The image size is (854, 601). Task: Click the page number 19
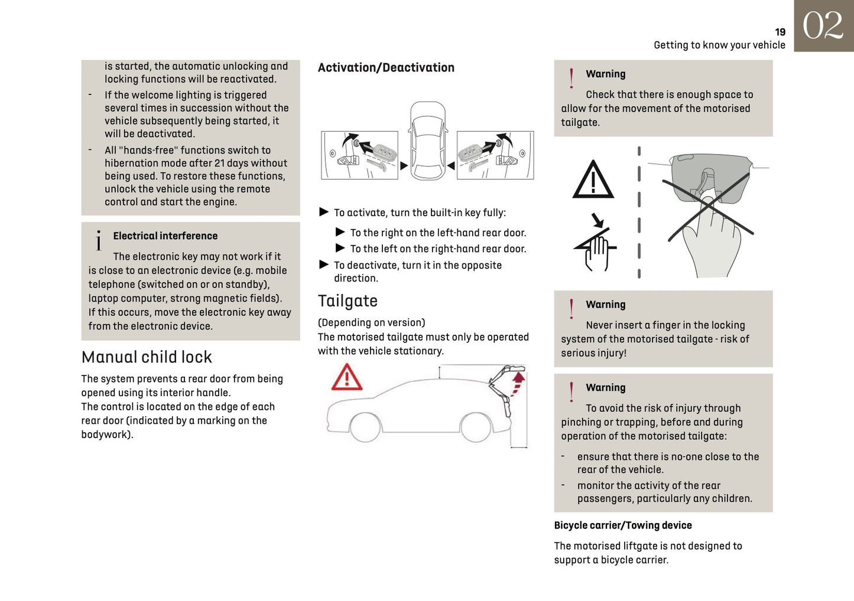(780, 32)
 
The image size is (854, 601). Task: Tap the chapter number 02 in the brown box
(823, 26)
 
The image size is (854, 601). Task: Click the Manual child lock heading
(147, 357)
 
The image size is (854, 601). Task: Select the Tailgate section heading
(348, 301)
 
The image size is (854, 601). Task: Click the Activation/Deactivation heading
(386, 68)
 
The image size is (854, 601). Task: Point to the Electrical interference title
(165, 236)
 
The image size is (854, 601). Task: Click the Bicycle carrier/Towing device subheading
(622, 525)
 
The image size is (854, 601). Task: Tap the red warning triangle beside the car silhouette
(347, 378)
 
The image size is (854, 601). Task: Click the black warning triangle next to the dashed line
(593, 180)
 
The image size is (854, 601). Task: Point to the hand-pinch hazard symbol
(596, 247)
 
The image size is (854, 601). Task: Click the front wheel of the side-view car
(365, 427)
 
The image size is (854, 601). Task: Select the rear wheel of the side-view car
(475, 427)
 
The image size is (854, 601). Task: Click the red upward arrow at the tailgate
(518, 381)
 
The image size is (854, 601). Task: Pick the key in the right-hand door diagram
(473, 152)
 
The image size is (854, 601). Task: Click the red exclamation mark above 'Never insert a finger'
(571, 309)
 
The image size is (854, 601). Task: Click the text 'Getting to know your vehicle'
(719, 45)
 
